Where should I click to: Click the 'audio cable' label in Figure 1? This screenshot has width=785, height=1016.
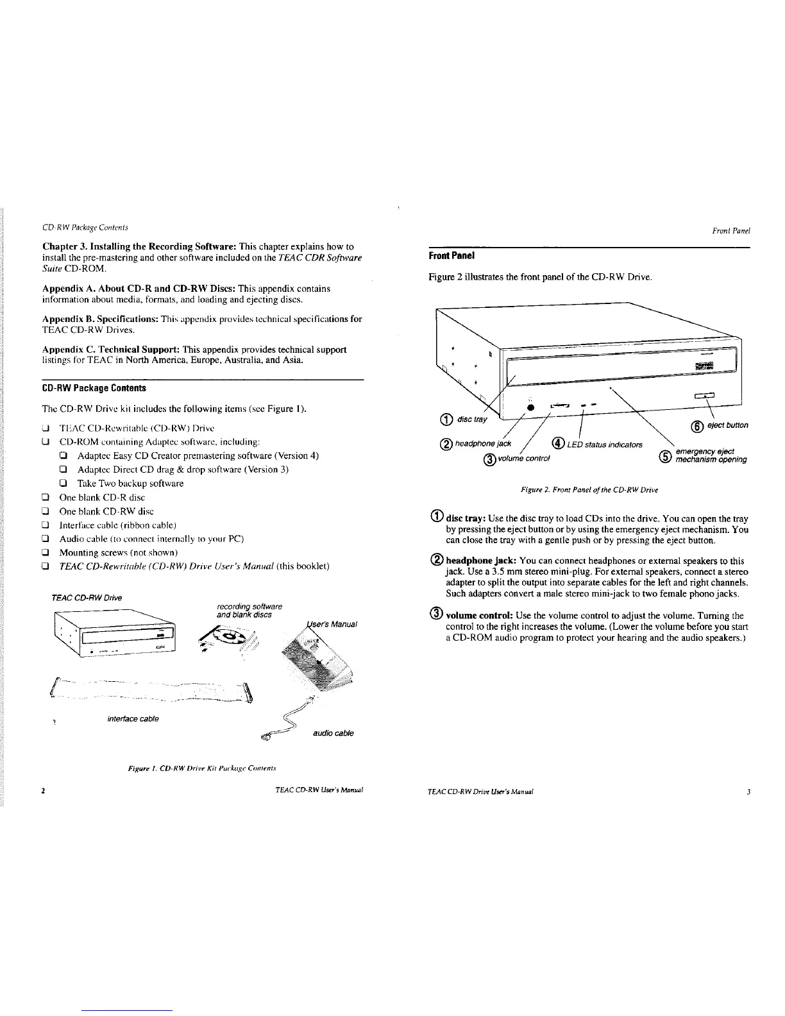tap(333, 732)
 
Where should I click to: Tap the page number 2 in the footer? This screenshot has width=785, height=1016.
tap(43, 791)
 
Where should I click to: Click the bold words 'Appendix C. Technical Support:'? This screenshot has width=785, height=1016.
tap(110, 350)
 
